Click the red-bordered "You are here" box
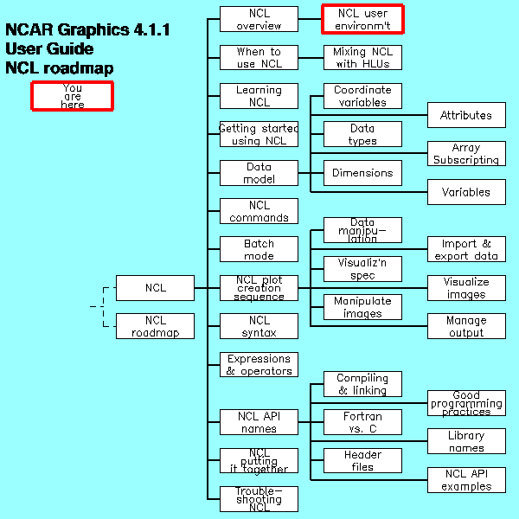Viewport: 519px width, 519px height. (x=72, y=95)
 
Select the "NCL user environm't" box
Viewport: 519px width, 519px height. (x=362, y=18)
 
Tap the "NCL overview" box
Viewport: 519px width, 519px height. (x=259, y=19)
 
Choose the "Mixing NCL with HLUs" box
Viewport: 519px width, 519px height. (x=362, y=57)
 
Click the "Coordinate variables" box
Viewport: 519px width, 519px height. (x=362, y=95)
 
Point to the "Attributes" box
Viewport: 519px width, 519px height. (x=466, y=115)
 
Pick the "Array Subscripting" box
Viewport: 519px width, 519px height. (x=466, y=154)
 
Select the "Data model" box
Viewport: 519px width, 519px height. (x=259, y=173)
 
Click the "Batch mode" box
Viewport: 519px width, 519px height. (x=259, y=249)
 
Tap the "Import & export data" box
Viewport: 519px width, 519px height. (x=466, y=249)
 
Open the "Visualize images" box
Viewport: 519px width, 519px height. (x=466, y=288)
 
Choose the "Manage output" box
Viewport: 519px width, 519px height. (x=466, y=326)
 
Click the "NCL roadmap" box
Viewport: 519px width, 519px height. (x=155, y=326)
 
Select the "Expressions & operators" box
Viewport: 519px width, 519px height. (x=259, y=364)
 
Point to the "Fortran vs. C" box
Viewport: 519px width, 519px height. (x=362, y=422)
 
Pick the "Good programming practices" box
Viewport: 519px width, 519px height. (x=466, y=403)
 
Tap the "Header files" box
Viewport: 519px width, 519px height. (x=362, y=460)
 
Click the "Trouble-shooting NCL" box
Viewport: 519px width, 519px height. (x=259, y=499)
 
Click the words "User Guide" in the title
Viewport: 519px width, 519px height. (x=48, y=49)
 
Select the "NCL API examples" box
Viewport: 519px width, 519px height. (x=466, y=480)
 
